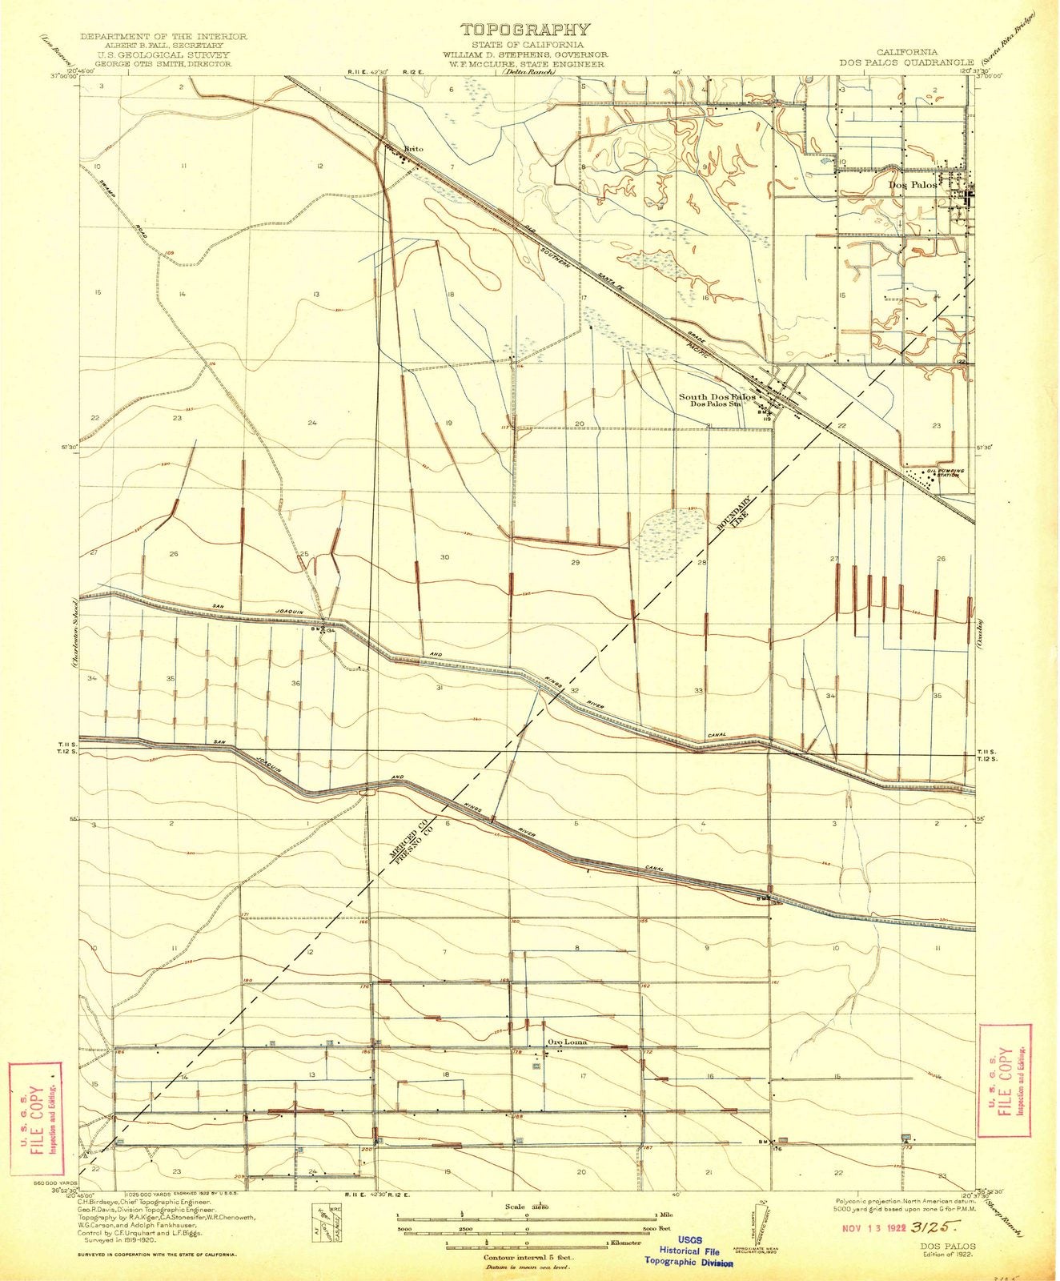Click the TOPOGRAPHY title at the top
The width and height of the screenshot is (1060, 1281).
tap(524, 30)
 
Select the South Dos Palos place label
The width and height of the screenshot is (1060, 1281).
tap(717, 396)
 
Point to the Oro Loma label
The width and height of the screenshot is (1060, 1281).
tap(567, 1042)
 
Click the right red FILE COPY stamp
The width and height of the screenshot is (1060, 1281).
tap(1004, 1068)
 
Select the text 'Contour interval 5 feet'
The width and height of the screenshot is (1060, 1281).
tap(525, 1235)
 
